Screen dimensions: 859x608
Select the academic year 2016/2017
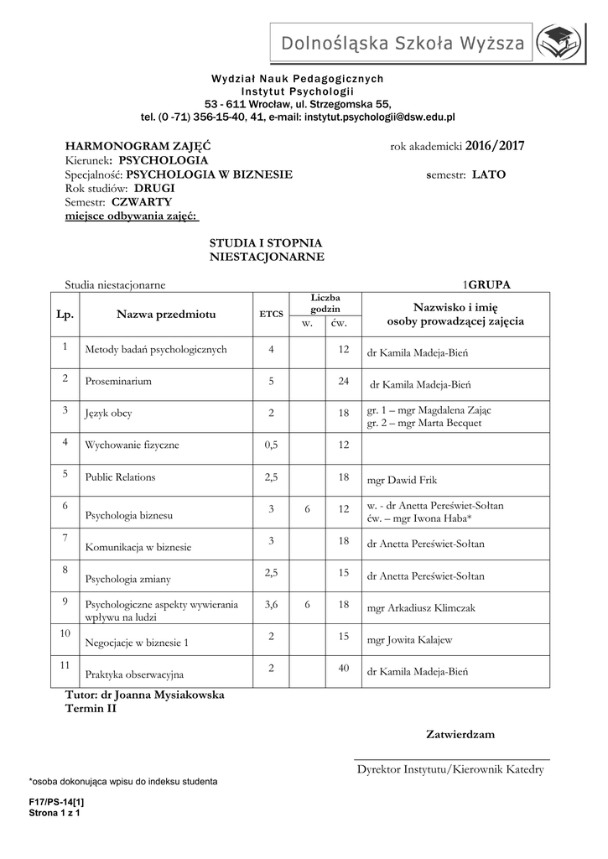[495, 146]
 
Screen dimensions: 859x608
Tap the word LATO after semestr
[489, 174]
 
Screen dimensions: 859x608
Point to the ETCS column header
[271, 315]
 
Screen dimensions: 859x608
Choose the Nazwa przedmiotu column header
[166, 314]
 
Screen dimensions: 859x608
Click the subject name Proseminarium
[118, 381]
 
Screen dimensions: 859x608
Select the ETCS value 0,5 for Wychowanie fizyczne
[271, 445]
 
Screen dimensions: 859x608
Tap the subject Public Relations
[120, 476]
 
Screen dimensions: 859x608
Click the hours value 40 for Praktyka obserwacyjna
[342, 668]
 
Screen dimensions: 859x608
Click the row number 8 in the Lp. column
[65, 570]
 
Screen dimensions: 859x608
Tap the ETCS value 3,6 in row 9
[271, 604]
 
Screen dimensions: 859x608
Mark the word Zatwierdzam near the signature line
[460, 734]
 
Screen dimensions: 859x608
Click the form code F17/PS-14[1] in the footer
[56, 802]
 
